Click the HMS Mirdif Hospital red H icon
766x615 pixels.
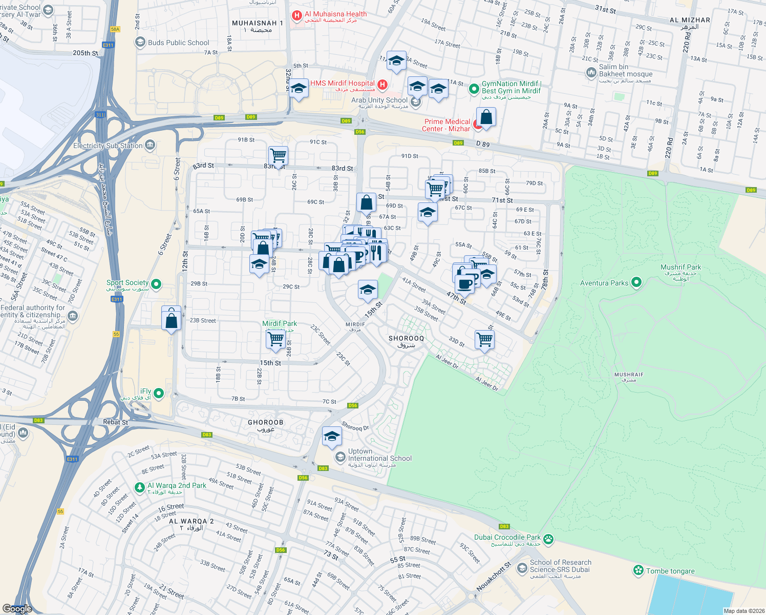382,84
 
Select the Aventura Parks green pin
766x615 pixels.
636,282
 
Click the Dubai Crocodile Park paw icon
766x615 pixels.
548,539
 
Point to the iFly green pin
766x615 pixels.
159,393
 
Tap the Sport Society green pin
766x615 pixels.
157,284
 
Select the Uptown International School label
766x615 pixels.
379,455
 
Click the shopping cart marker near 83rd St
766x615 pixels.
278,155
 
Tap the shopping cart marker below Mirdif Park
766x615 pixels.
275,339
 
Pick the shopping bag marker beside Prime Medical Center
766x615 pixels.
486,117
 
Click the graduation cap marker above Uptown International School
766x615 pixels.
332,437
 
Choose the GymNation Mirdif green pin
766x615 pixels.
474,89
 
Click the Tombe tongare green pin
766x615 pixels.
638,570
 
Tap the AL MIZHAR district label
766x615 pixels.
690,20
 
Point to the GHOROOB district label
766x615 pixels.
265,423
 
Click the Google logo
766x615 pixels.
17,608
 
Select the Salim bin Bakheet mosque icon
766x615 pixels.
591,73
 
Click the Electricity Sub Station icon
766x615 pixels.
150,145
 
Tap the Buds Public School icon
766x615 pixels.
140,43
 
